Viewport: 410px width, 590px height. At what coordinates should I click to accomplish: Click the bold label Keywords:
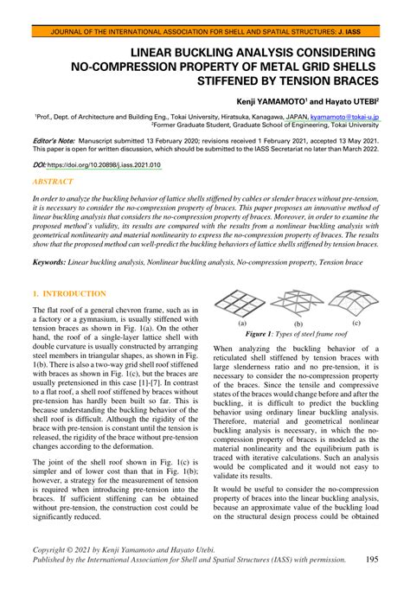click(54, 260)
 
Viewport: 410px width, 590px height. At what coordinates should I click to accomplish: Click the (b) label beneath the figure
click(294, 322)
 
